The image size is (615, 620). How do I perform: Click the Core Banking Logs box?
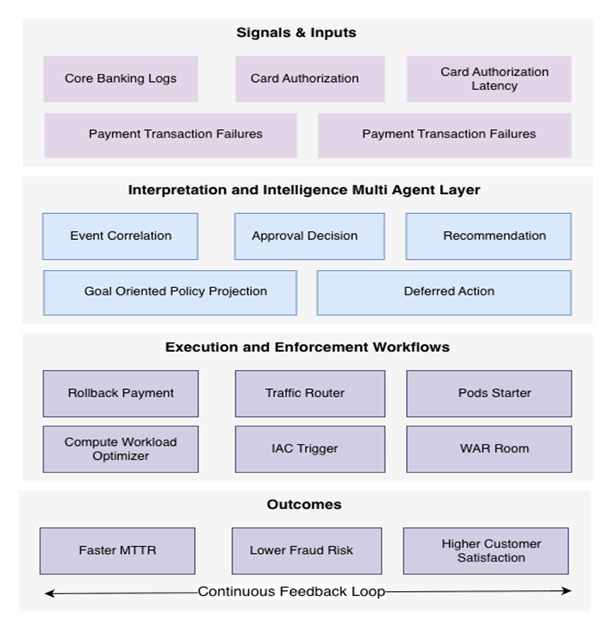(x=120, y=79)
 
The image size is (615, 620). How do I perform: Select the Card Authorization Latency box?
(x=489, y=79)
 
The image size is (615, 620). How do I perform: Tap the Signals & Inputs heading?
(x=296, y=33)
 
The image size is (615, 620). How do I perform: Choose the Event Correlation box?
(x=120, y=236)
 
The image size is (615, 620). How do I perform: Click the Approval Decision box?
(x=309, y=236)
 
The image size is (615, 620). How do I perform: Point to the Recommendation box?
(x=489, y=236)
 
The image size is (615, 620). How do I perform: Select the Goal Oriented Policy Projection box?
(x=170, y=292)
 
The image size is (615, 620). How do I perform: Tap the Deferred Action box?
(x=444, y=292)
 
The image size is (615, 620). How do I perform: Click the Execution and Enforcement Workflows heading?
(x=307, y=347)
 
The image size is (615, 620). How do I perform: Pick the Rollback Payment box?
(x=120, y=393)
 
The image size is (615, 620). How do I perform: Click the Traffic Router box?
(x=310, y=393)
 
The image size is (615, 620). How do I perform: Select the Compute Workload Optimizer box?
(x=120, y=449)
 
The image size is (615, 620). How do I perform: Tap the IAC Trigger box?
(x=310, y=449)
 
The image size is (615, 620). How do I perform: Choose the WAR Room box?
(x=489, y=449)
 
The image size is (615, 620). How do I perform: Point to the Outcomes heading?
(x=304, y=505)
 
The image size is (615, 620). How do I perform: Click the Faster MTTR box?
(x=117, y=551)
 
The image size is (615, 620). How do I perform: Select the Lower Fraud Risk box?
(x=307, y=551)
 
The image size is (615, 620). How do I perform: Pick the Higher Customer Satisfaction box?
(x=486, y=551)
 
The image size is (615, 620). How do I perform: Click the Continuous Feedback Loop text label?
(x=291, y=592)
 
